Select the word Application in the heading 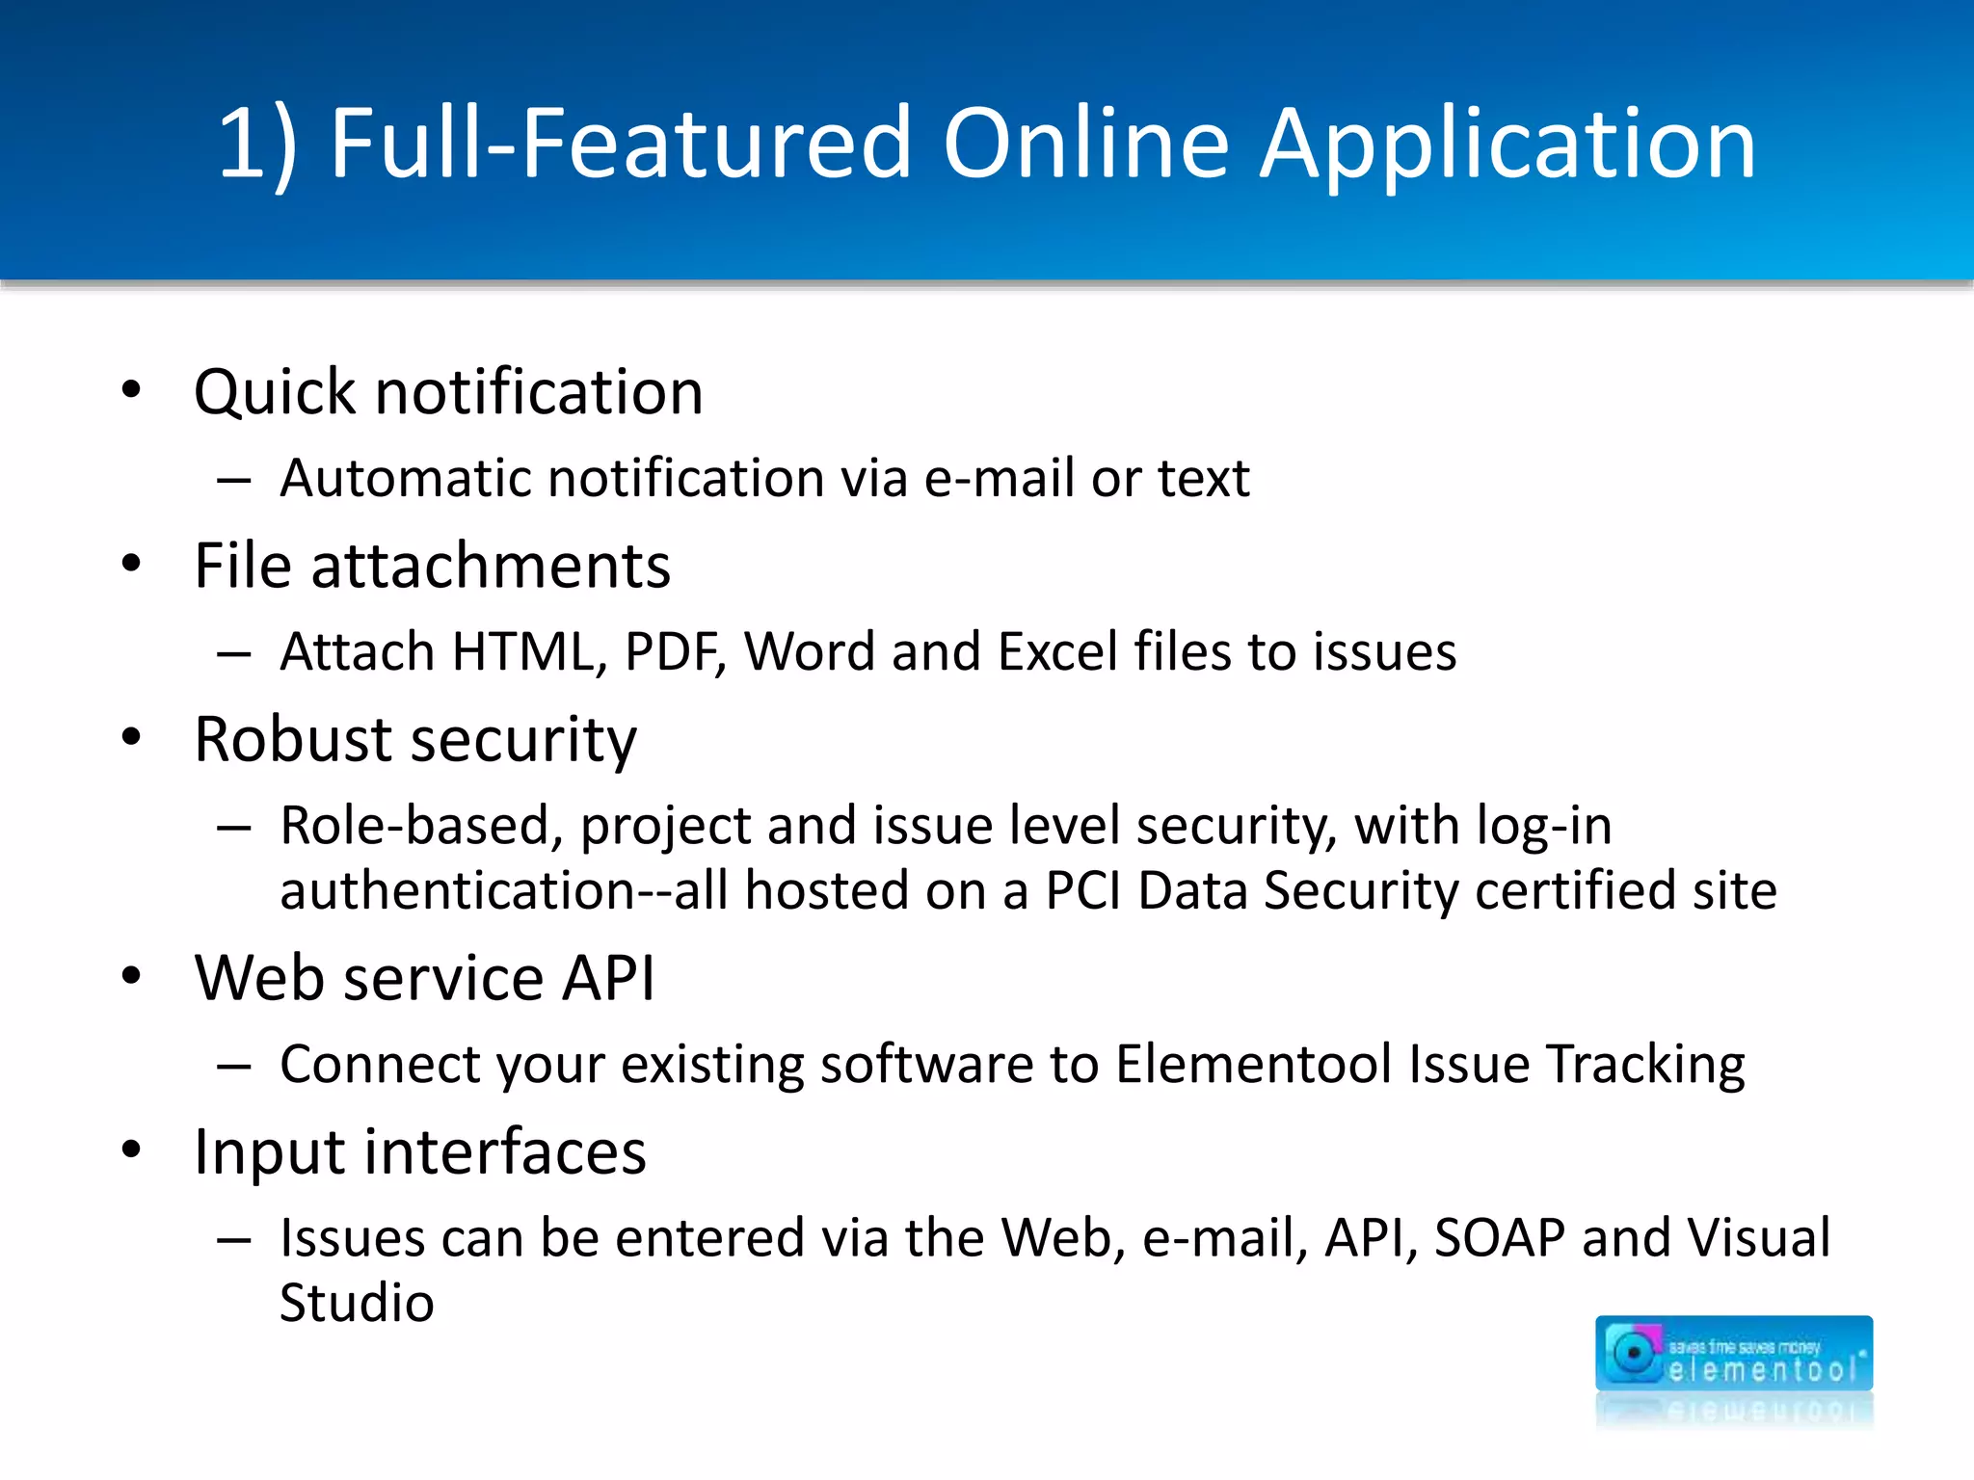point(1508,146)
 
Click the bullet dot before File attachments point(132,564)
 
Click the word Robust point(295,739)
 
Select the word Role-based point(421,826)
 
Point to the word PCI point(1083,890)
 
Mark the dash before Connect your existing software point(234,1067)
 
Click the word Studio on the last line point(357,1303)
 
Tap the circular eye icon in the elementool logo point(1633,1353)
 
